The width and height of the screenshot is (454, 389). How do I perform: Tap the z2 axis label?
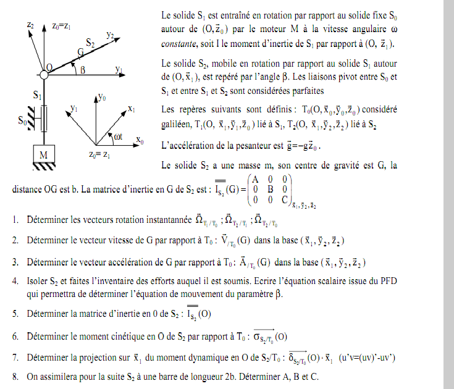pyautogui.click(x=30, y=25)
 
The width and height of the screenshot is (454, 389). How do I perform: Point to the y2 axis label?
pyautogui.click(x=110, y=36)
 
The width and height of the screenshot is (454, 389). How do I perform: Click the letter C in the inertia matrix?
pyautogui.click(x=284, y=199)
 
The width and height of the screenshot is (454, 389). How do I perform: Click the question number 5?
pyautogui.click(x=14, y=314)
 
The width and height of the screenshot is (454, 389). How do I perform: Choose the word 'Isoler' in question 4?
pyautogui.click(x=39, y=281)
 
